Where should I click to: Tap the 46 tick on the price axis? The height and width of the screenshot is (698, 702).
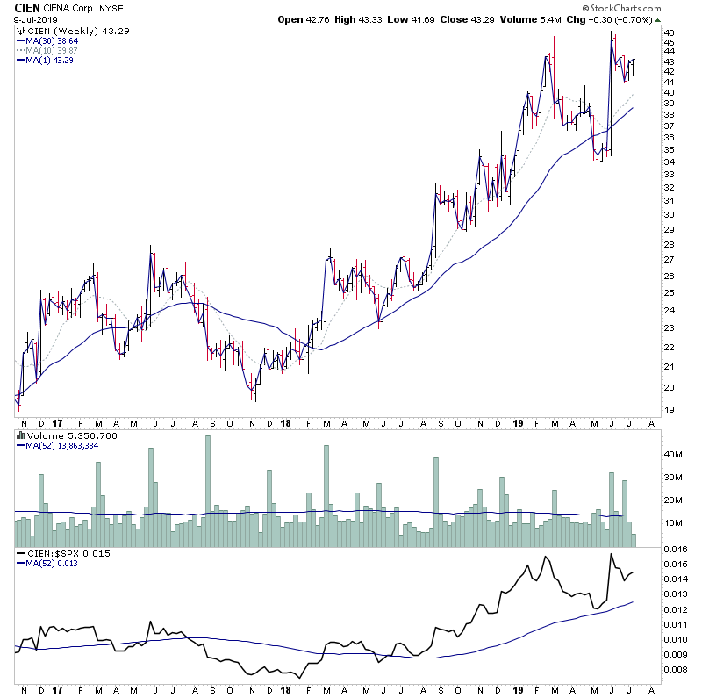click(669, 33)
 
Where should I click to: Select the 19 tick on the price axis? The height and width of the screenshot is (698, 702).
click(669, 410)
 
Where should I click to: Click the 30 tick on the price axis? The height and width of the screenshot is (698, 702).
click(669, 214)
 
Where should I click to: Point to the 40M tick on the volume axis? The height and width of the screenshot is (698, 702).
click(673, 455)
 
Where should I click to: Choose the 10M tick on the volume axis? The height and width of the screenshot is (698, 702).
click(673, 523)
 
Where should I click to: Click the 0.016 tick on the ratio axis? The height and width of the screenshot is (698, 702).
click(675, 549)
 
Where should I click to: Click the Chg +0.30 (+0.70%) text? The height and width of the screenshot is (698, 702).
click(622, 18)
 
